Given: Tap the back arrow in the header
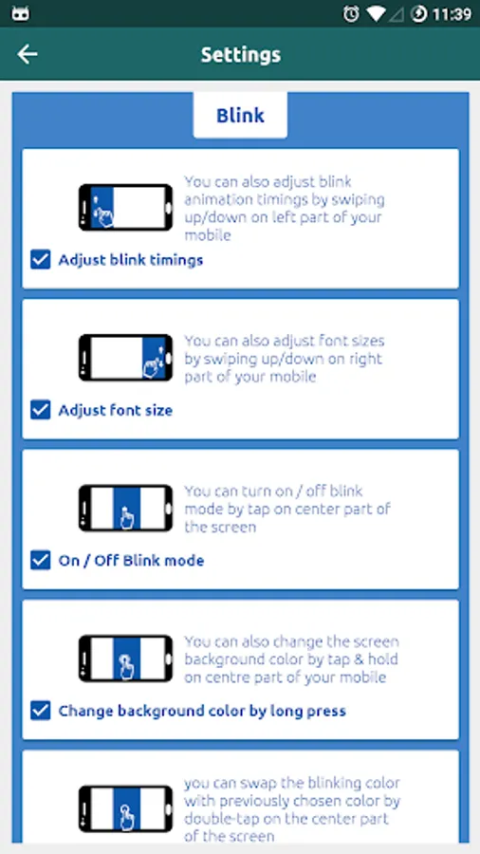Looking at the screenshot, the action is pos(28,54).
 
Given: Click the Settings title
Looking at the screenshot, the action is pos(241,54).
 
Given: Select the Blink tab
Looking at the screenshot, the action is pos(240,115).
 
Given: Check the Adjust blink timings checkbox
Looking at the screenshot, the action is pos(41,260).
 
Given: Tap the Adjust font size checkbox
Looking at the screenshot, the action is pos(41,410).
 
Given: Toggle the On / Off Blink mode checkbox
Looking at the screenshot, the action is pos(41,561).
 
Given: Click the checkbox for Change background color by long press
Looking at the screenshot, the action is pos(41,711).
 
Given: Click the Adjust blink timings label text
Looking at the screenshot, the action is pos(131,260).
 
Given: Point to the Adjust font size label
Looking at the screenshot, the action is pos(116,411).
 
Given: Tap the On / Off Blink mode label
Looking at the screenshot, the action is pos(131,561).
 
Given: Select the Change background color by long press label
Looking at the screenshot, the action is pos(202,712).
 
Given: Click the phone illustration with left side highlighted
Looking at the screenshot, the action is pos(126,207).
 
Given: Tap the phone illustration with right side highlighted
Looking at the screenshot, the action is pos(126,358).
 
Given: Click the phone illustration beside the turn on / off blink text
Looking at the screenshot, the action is pos(126,508).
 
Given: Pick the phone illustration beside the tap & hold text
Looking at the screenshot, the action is pos(126,658).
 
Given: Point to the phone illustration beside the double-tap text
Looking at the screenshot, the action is pos(126,808).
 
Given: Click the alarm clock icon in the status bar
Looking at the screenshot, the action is pos(352,13).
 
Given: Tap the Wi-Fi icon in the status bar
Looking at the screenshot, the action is pos(376,14).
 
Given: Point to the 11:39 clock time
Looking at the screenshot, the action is pos(452,14).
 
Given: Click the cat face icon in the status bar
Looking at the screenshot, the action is pos(20,14).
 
